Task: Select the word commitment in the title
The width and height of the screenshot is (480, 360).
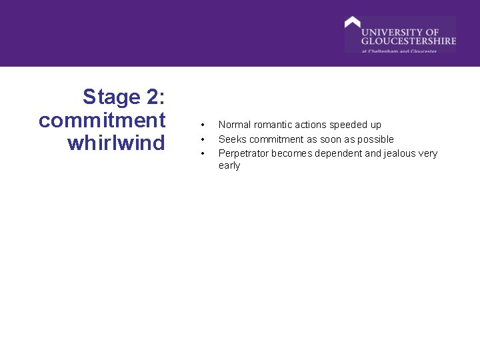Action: click(x=102, y=121)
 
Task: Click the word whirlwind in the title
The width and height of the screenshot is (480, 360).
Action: click(x=116, y=143)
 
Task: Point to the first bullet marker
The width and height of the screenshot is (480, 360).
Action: click(x=202, y=125)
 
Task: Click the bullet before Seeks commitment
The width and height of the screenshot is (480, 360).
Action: click(x=202, y=139)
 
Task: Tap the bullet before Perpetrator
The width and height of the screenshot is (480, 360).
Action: click(x=202, y=154)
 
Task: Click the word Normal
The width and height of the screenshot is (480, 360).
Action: click(x=235, y=125)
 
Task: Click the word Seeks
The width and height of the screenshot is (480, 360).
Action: click(x=232, y=139)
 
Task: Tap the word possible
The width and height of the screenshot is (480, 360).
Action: click(x=376, y=139)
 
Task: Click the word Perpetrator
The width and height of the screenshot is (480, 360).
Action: click(x=243, y=153)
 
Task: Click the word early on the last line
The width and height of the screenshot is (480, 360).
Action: click(x=229, y=166)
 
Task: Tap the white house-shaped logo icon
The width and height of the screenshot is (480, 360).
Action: click(x=352, y=23)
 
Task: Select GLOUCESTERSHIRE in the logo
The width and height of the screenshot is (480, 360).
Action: click(x=409, y=41)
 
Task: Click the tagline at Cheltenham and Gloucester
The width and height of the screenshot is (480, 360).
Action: click(x=399, y=51)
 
